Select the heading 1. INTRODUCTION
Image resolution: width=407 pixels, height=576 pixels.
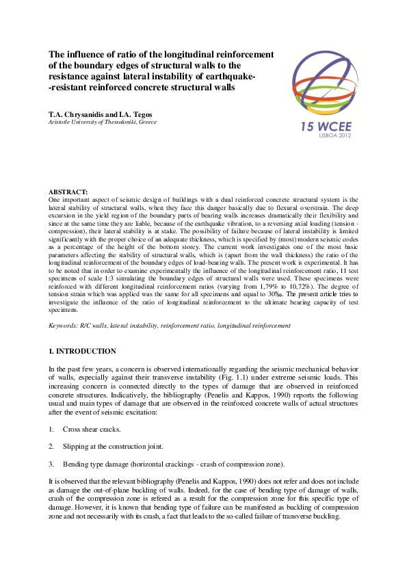coord(82,352)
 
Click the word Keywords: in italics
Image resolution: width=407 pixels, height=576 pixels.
coord(62,326)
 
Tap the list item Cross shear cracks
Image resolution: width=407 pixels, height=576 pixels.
coord(91,429)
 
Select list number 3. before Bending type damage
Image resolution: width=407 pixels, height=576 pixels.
coord(51,464)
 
